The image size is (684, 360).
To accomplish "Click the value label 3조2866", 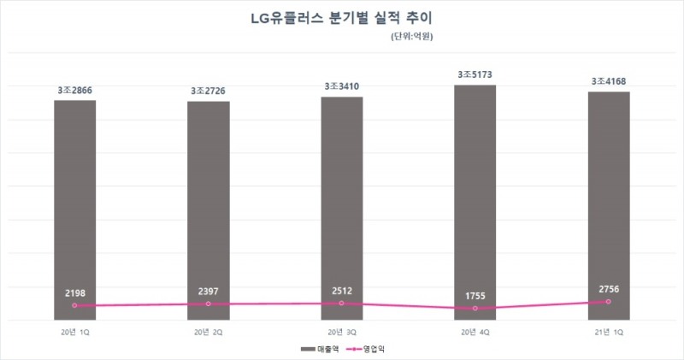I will pyautogui.click(x=75, y=90).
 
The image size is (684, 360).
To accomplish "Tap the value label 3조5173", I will pyautogui.click(x=475, y=75).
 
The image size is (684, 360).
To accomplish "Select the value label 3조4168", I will pyautogui.click(x=609, y=81).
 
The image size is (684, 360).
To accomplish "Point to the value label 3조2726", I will pyautogui.click(x=209, y=91).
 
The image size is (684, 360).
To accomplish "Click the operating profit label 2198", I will pyautogui.click(x=75, y=292).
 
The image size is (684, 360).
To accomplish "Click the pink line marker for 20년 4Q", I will pyautogui.click(x=475, y=309).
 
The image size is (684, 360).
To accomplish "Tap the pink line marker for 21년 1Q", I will pyautogui.click(x=609, y=302).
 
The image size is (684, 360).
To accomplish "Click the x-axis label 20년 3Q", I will pyautogui.click(x=342, y=330).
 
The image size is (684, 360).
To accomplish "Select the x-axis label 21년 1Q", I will pyautogui.click(x=609, y=330).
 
